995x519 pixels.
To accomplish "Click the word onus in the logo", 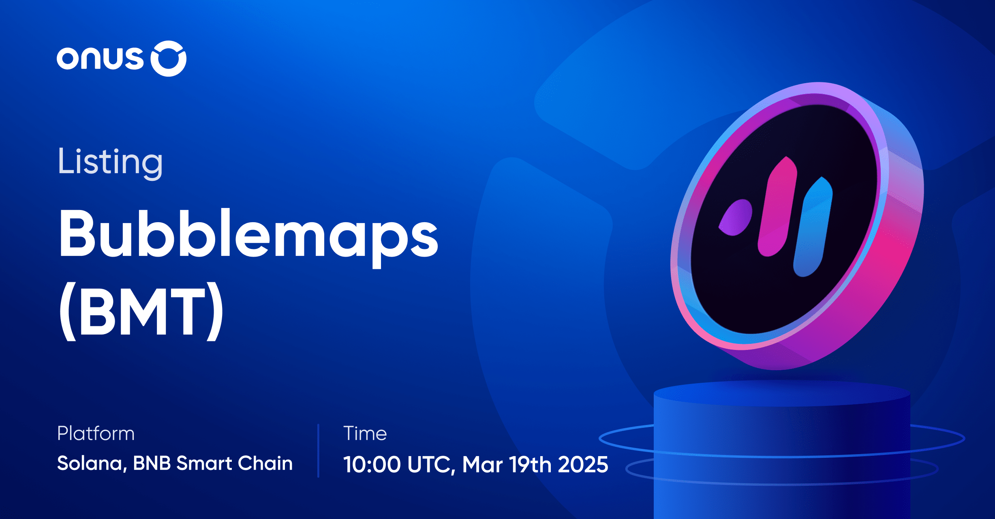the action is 100,58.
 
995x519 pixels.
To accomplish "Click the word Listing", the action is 110,162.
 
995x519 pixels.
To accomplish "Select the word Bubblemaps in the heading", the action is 248,235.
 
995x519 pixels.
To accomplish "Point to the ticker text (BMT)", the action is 141,310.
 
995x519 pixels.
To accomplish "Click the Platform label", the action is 96,433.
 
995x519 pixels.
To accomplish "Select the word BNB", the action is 152,463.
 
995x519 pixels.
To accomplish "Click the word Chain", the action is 265,463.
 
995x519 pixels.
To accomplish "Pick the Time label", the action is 365,433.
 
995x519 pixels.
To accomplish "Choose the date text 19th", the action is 531,465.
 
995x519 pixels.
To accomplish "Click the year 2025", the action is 583,465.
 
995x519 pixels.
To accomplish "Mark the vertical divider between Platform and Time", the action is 318,450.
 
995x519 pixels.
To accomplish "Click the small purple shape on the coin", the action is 736,217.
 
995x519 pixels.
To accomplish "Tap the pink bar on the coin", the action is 778,207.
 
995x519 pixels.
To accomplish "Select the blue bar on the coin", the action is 813,227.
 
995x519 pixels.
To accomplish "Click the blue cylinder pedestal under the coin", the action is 782,450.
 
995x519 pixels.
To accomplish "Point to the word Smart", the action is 204,463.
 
